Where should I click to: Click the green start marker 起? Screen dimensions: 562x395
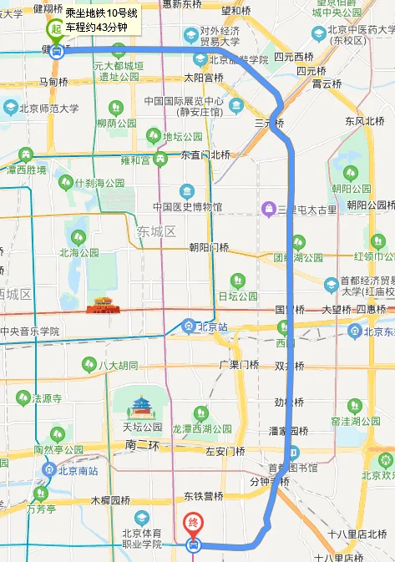56,29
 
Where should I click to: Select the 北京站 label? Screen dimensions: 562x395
210,327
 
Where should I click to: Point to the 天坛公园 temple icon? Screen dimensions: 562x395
139,408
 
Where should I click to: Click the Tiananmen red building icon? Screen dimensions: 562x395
104,306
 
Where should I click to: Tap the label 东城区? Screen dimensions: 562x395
155,230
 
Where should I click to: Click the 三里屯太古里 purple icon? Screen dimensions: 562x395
268,208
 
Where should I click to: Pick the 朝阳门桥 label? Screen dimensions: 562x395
209,247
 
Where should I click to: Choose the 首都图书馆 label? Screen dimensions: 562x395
293,468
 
